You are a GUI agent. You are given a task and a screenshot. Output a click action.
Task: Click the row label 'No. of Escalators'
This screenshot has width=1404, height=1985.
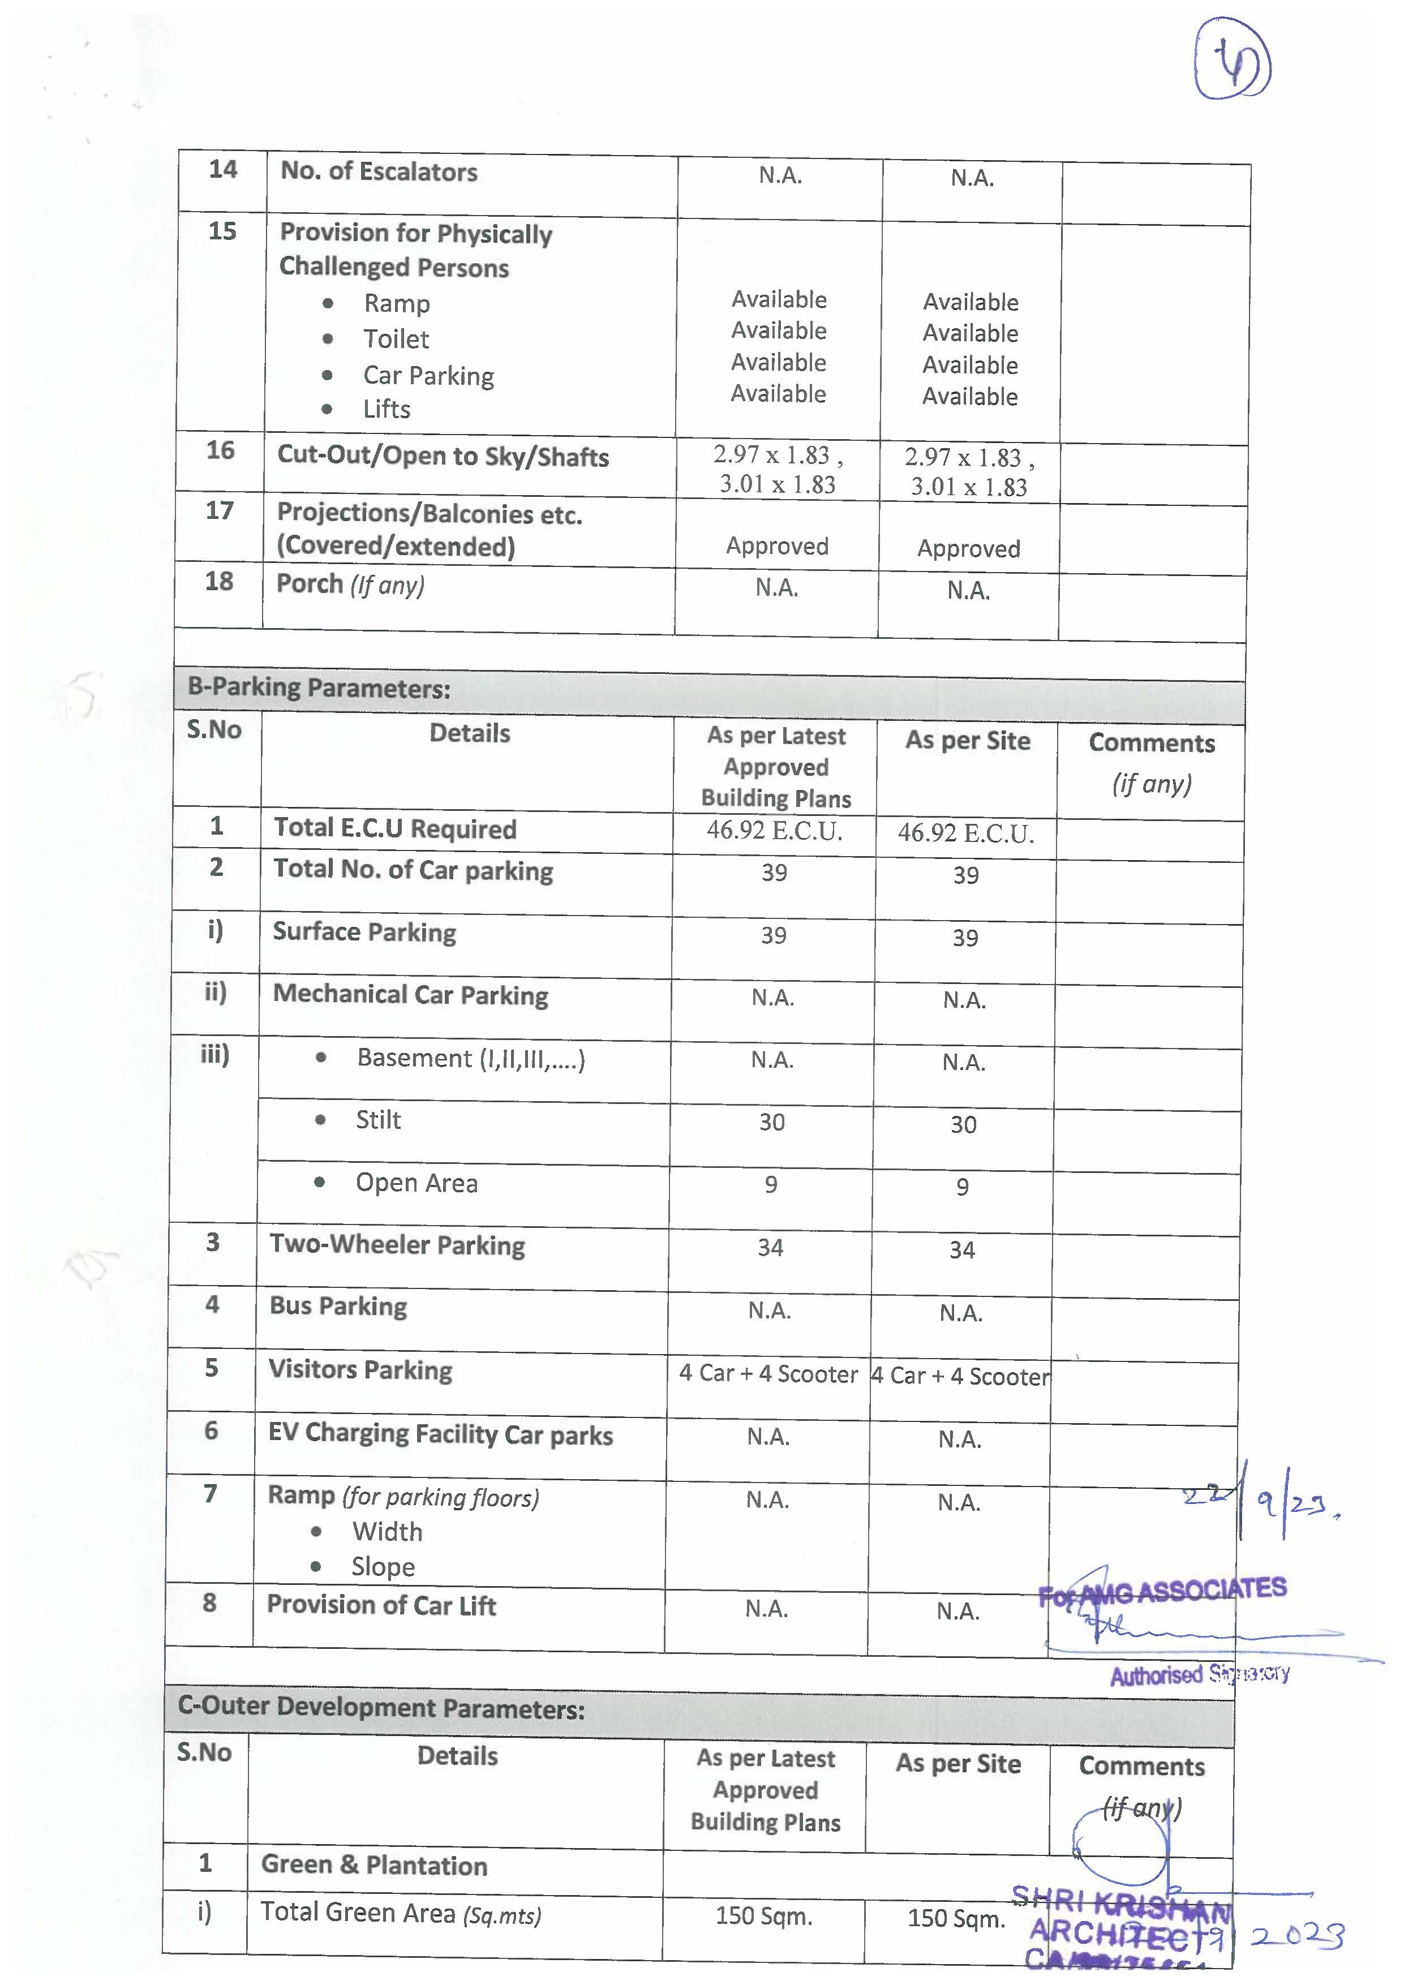pyautogui.click(x=379, y=172)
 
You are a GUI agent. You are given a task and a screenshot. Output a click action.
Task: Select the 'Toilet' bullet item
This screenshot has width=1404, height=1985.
pyautogui.click(x=396, y=339)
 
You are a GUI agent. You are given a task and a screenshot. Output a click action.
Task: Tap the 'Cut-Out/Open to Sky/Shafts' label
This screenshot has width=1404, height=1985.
pyautogui.click(x=443, y=456)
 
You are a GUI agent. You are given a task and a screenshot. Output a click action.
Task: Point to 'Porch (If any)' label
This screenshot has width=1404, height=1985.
pyautogui.click(x=350, y=585)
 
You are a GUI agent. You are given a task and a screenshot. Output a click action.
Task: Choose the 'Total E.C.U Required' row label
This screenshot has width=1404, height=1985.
pyautogui.click(x=395, y=828)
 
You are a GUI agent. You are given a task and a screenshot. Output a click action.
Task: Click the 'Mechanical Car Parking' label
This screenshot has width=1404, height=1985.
pyautogui.click(x=411, y=995)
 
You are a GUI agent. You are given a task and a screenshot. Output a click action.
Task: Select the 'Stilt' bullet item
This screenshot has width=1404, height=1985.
pyautogui.click(x=378, y=1120)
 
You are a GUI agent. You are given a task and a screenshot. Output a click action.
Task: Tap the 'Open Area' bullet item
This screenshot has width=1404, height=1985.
pyautogui.click(x=416, y=1183)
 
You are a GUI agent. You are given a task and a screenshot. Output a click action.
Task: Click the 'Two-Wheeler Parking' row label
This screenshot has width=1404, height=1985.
pyautogui.click(x=397, y=1245)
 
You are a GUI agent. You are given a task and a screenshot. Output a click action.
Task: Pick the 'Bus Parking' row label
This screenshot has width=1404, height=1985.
pyautogui.click(x=338, y=1307)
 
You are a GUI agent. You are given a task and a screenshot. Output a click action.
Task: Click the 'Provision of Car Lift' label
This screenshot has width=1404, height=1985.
pyautogui.click(x=381, y=1605)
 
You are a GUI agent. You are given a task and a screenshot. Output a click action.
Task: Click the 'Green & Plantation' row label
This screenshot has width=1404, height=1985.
pyautogui.click(x=374, y=1865)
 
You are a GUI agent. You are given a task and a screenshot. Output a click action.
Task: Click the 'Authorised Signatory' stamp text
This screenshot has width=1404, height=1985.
pyautogui.click(x=1199, y=1674)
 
